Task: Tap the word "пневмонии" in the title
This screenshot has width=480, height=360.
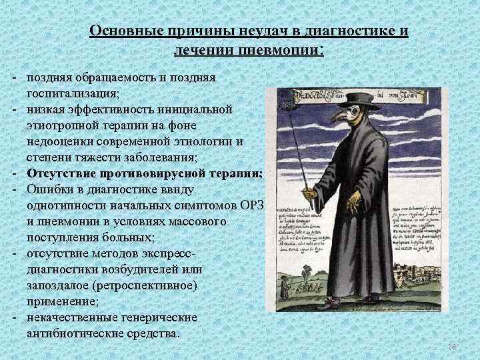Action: [281, 50]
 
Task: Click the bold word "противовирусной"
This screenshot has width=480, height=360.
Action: [139, 173]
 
